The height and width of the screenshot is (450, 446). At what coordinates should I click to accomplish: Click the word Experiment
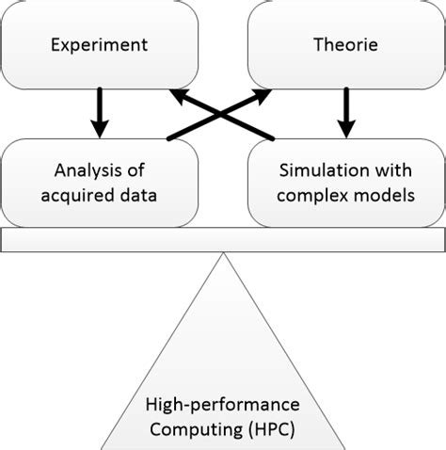point(100,44)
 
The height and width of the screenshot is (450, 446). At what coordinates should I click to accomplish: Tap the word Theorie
point(345,44)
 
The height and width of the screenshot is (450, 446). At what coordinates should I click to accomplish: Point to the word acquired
point(86,195)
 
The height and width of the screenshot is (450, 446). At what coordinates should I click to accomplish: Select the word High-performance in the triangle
point(223,404)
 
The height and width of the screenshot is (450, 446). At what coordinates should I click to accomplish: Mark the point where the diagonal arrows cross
point(222,115)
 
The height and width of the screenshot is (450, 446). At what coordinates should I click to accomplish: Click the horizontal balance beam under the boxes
point(222,240)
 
